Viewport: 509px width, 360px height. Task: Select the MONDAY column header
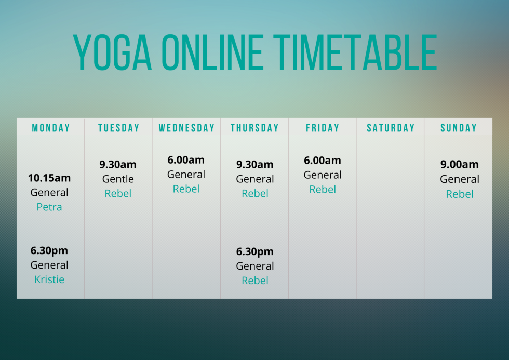tap(51, 128)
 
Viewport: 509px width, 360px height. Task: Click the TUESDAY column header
tap(119, 128)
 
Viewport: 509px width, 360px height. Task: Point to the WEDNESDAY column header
tap(186, 128)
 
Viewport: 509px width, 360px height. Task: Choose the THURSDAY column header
tap(254, 128)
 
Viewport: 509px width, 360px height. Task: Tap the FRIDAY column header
tap(323, 128)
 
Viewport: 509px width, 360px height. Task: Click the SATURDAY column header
tap(391, 128)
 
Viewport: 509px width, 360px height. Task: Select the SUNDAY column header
tap(459, 128)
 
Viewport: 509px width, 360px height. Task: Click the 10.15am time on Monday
tap(49, 178)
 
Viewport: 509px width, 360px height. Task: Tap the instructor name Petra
tap(49, 207)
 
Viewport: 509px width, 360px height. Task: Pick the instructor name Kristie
tap(49, 279)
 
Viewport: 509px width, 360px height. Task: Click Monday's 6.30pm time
tap(49, 250)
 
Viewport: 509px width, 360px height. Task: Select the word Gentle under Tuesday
tap(118, 179)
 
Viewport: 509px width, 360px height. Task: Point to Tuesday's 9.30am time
tap(118, 165)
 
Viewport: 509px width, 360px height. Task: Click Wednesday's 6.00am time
tap(186, 160)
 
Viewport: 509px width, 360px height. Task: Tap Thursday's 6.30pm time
tap(254, 251)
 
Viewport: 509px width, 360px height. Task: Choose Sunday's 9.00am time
tap(460, 165)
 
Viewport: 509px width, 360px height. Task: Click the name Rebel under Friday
tap(323, 190)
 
